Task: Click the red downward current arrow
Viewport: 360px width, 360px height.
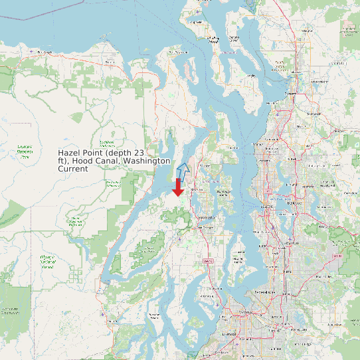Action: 177,187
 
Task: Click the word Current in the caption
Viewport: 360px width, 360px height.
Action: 73,169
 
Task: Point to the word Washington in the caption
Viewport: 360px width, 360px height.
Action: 147,161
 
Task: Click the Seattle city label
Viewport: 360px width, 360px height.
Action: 270,206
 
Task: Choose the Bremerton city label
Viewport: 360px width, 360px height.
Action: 205,217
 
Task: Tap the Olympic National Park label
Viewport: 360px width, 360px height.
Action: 25,151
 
